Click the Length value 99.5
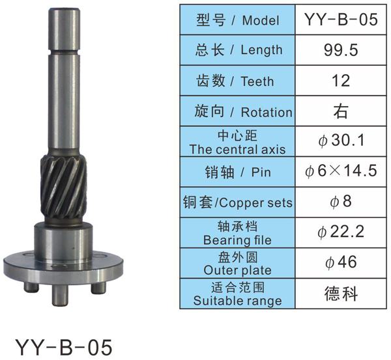341,50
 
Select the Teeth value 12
341,81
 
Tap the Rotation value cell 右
341,111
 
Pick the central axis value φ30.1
341,140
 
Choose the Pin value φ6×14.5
341,171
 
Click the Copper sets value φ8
341,201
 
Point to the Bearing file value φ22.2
341,232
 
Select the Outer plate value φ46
341,262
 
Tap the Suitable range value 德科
341,294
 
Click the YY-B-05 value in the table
341,20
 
